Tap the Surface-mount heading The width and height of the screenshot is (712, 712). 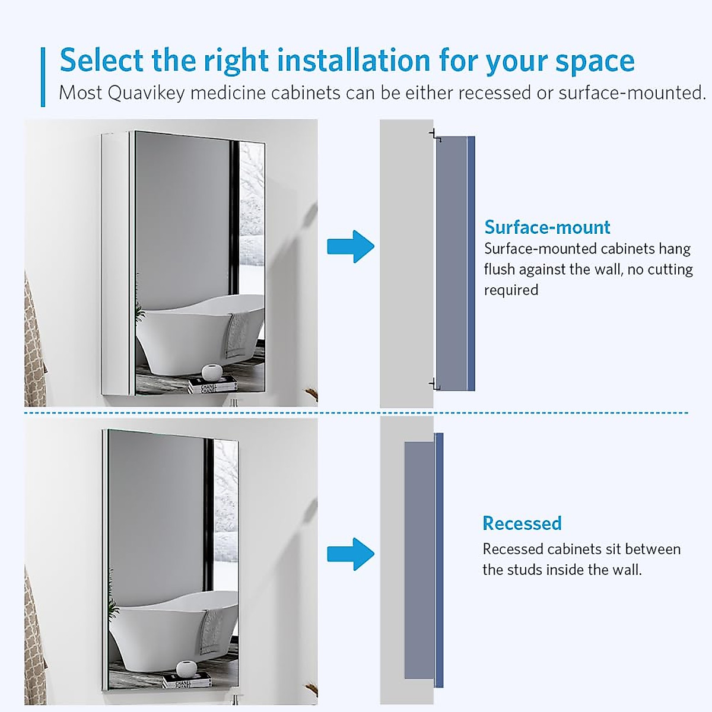point(547,227)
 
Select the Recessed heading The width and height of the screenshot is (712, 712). point(522,523)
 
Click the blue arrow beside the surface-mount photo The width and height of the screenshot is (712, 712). point(351,246)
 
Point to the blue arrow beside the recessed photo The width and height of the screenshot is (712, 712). point(351,554)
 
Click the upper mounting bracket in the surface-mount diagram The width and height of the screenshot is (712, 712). point(435,135)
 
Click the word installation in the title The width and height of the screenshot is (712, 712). point(354,61)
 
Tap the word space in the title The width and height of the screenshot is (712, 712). point(595,61)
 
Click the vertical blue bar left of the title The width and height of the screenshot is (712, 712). point(43,77)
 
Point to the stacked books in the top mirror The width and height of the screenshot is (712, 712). point(212,386)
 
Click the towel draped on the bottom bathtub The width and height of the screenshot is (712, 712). point(211,631)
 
